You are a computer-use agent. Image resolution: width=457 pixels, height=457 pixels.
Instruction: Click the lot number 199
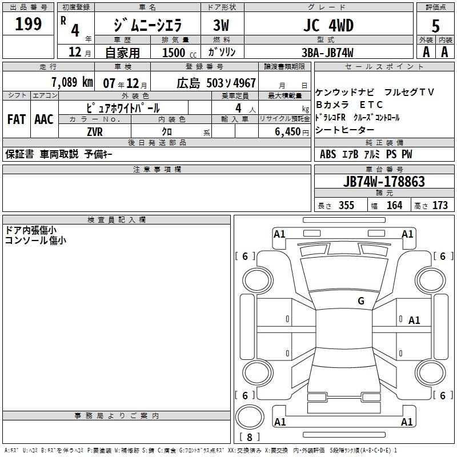[x=28, y=24]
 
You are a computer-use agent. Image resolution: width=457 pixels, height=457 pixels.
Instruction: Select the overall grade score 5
[x=435, y=26]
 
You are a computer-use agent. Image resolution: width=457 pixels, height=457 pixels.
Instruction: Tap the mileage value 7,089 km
[x=72, y=82]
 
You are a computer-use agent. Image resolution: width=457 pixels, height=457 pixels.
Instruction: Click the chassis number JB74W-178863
[x=384, y=182]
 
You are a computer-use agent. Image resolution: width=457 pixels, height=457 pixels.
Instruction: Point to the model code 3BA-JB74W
[x=327, y=53]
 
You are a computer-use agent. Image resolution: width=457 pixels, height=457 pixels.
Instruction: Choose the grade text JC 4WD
[x=328, y=25]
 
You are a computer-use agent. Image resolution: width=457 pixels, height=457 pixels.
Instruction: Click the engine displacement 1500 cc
[x=179, y=53]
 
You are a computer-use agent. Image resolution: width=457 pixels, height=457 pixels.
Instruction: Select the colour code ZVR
[x=95, y=132]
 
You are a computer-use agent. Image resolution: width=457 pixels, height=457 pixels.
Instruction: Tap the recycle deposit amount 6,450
[x=288, y=132]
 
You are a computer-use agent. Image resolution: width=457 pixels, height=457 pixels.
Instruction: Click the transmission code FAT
[x=17, y=119]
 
